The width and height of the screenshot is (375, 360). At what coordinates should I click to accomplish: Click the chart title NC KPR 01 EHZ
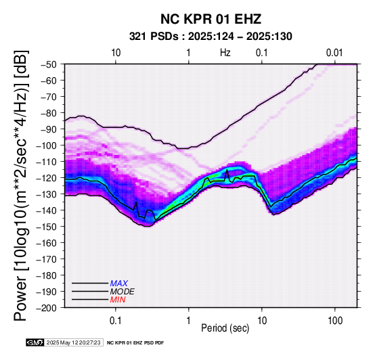click(211, 19)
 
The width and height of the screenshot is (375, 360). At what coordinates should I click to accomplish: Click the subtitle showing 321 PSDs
click(211, 37)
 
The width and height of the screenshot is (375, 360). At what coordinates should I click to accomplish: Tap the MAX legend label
click(119, 284)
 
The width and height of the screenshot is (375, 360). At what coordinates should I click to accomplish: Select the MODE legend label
click(123, 292)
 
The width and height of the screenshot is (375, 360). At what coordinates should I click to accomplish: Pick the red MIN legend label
click(118, 300)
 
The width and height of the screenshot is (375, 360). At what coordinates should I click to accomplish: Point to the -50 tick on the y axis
click(49, 64)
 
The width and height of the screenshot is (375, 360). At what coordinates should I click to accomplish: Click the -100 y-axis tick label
click(47, 145)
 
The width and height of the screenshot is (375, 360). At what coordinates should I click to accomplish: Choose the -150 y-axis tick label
click(47, 227)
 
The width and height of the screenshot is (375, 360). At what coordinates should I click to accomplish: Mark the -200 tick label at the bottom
click(47, 308)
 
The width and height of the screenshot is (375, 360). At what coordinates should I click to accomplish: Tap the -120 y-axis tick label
click(47, 178)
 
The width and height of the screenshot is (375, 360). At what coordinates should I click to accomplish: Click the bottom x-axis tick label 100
click(335, 321)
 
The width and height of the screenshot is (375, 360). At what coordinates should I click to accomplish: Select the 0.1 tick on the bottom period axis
click(116, 321)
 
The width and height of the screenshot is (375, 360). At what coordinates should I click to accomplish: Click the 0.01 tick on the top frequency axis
click(334, 53)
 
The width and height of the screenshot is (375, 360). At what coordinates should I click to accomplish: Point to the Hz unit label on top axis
click(225, 53)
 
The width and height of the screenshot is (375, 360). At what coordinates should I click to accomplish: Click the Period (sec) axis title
click(225, 328)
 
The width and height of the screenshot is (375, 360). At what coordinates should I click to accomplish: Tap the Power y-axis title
click(21, 185)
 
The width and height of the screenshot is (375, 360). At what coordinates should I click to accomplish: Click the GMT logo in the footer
click(35, 342)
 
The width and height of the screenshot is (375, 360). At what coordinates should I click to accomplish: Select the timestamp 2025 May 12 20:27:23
click(73, 342)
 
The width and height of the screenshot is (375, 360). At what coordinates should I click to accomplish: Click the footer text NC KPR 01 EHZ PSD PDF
click(135, 343)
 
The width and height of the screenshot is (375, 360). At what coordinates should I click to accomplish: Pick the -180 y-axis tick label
click(47, 275)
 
